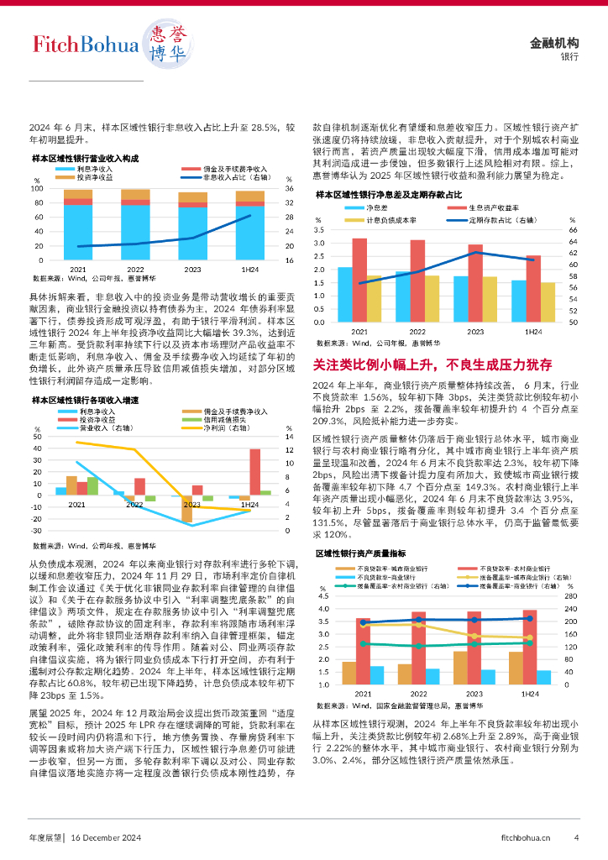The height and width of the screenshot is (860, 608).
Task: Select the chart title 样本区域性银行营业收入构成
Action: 85,158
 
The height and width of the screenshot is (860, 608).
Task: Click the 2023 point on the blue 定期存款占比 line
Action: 475,252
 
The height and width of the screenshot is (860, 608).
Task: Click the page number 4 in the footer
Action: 576,836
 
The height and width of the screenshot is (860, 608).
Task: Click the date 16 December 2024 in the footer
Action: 105,836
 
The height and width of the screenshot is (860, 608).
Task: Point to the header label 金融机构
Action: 555,43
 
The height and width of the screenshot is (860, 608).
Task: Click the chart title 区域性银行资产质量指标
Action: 361,553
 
